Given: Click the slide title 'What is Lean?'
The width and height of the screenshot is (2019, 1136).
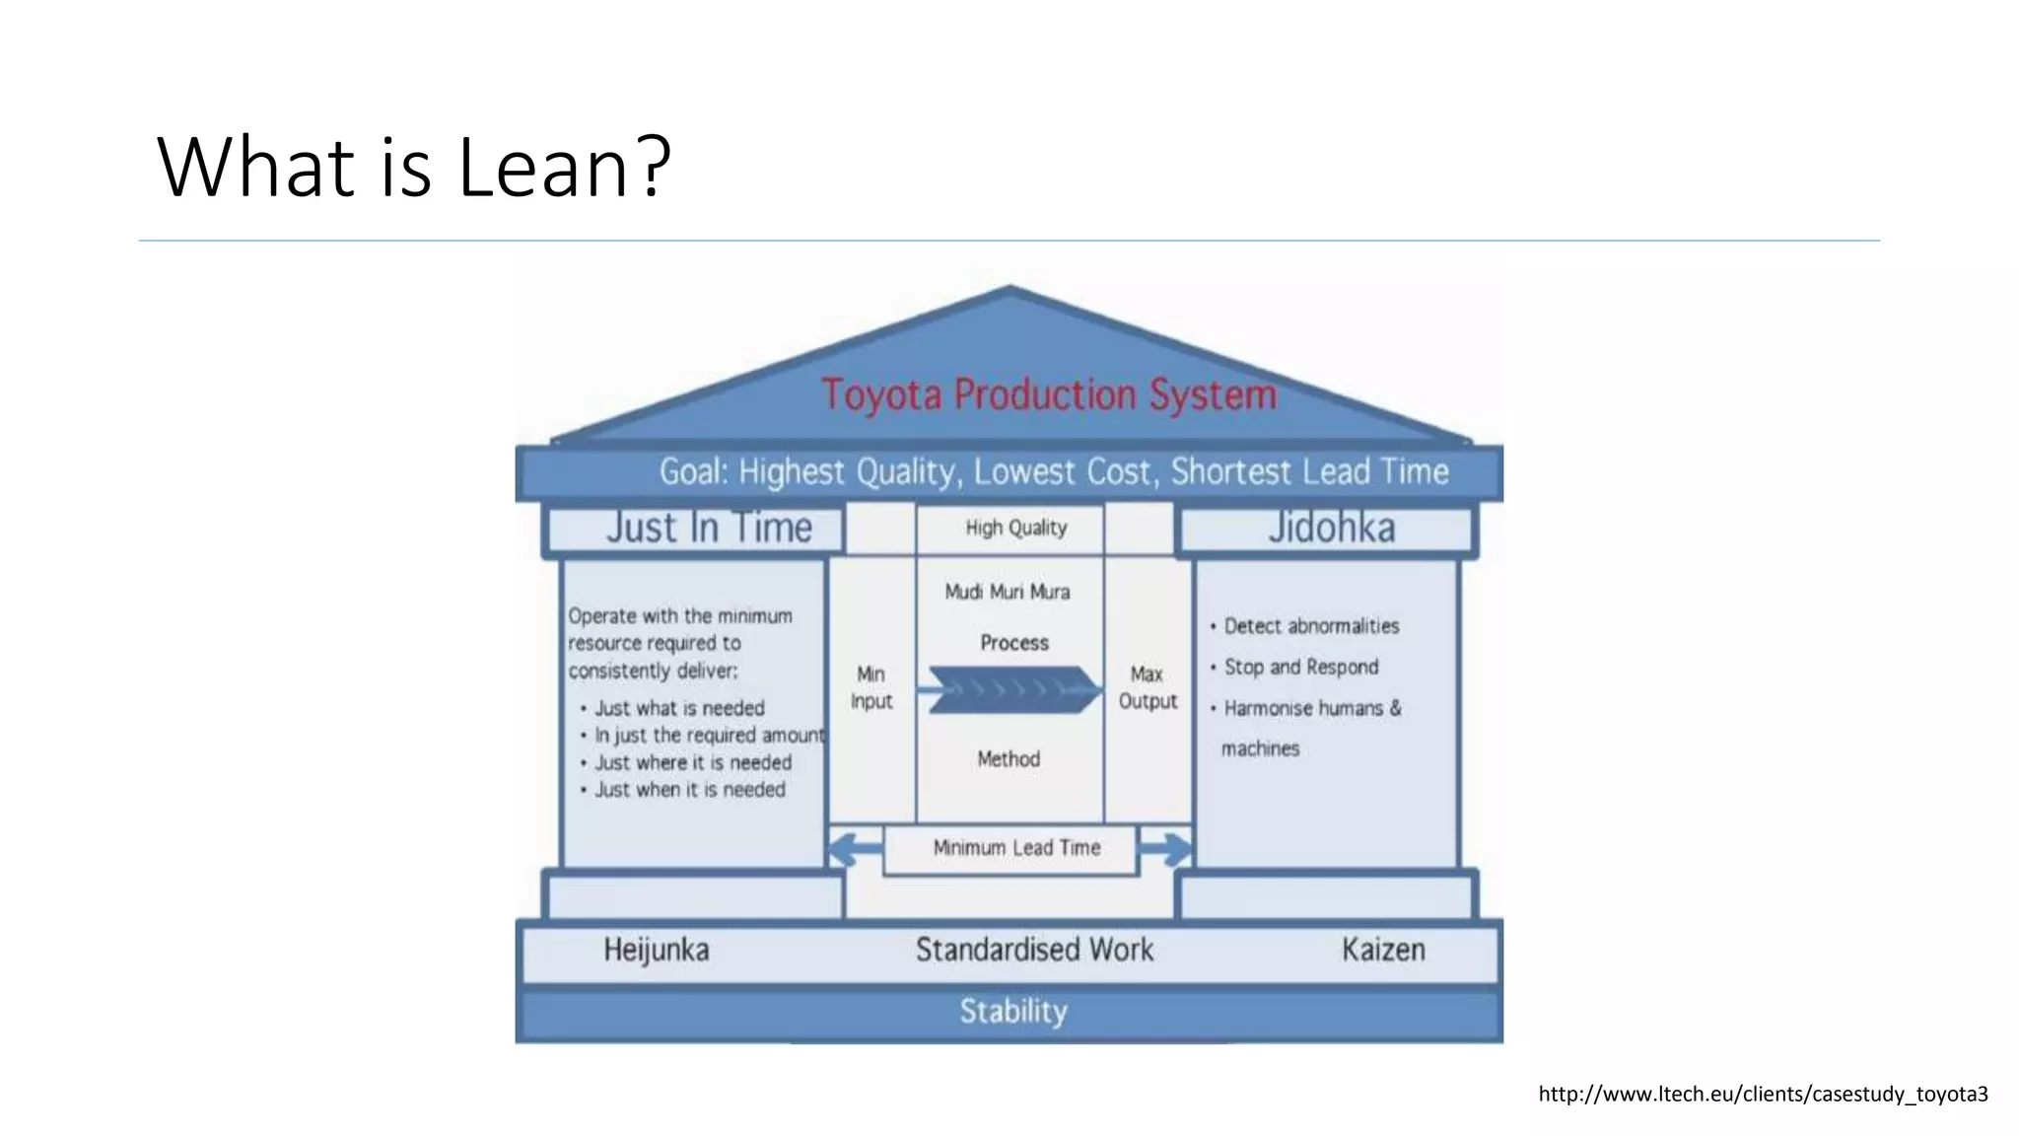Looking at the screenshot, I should (x=414, y=167).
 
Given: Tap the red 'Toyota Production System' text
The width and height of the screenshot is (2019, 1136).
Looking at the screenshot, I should (x=1049, y=394).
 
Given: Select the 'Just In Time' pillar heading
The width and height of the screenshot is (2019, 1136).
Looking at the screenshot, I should (x=709, y=528).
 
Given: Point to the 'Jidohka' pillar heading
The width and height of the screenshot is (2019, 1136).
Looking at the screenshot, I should (x=1331, y=528).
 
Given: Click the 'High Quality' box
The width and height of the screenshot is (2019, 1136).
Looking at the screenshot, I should (x=1015, y=528).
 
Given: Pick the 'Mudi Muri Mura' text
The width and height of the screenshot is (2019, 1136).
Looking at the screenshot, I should (x=1008, y=592).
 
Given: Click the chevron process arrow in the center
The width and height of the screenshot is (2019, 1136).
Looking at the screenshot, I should (x=1013, y=689).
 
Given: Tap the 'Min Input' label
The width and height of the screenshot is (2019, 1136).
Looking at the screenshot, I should (x=871, y=687).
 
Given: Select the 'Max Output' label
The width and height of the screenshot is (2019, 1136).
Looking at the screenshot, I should (x=1148, y=687).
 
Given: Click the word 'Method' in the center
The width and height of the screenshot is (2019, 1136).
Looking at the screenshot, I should (x=1009, y=758).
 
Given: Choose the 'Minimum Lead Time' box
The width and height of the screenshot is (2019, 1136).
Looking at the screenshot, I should (x=1016, y=848).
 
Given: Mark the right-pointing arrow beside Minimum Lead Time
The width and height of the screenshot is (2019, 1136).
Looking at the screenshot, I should (x=1166, y=848).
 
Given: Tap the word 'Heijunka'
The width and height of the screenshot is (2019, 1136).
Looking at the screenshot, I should (x=657, y=950).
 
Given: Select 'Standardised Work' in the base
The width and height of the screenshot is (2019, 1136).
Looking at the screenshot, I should (x=1034, y=950).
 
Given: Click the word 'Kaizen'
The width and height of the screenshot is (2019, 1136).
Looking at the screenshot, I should (x=1383, y=950).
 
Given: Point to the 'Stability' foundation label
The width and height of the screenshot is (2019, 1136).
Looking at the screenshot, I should (x=1013, y=1011).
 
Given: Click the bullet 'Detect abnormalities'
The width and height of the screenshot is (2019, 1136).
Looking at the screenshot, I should (x=1311, y=626).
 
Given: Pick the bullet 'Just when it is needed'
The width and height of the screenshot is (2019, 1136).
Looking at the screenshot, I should (x=689, y=790).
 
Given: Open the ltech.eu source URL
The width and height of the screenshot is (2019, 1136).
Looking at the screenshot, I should (x=1763, y=1094).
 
